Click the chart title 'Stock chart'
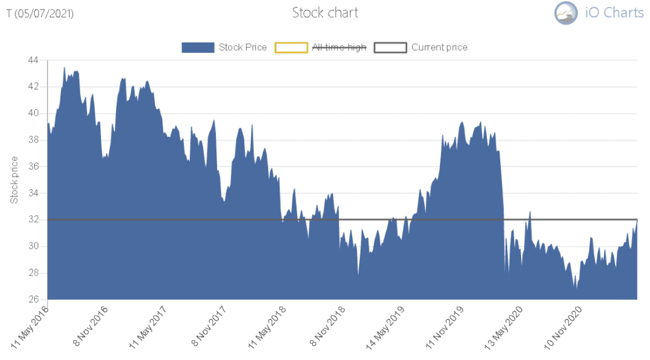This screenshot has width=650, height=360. [x=325, y=13]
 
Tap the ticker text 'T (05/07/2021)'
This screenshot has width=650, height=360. [x=40, y=13]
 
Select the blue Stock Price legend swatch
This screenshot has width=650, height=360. [x=197, y=47]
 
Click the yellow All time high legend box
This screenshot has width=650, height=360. [x=290, y=47]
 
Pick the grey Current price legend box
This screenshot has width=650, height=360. [x=390, y=47]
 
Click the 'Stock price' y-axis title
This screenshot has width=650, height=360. [x=14, y=180]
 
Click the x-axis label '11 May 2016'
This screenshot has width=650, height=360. [x=30, y=327]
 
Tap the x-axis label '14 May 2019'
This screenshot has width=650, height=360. [x=385, y=327]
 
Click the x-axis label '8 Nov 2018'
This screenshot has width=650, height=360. [x=327, y=327]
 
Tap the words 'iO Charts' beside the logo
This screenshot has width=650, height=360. [x=614, y=13]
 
